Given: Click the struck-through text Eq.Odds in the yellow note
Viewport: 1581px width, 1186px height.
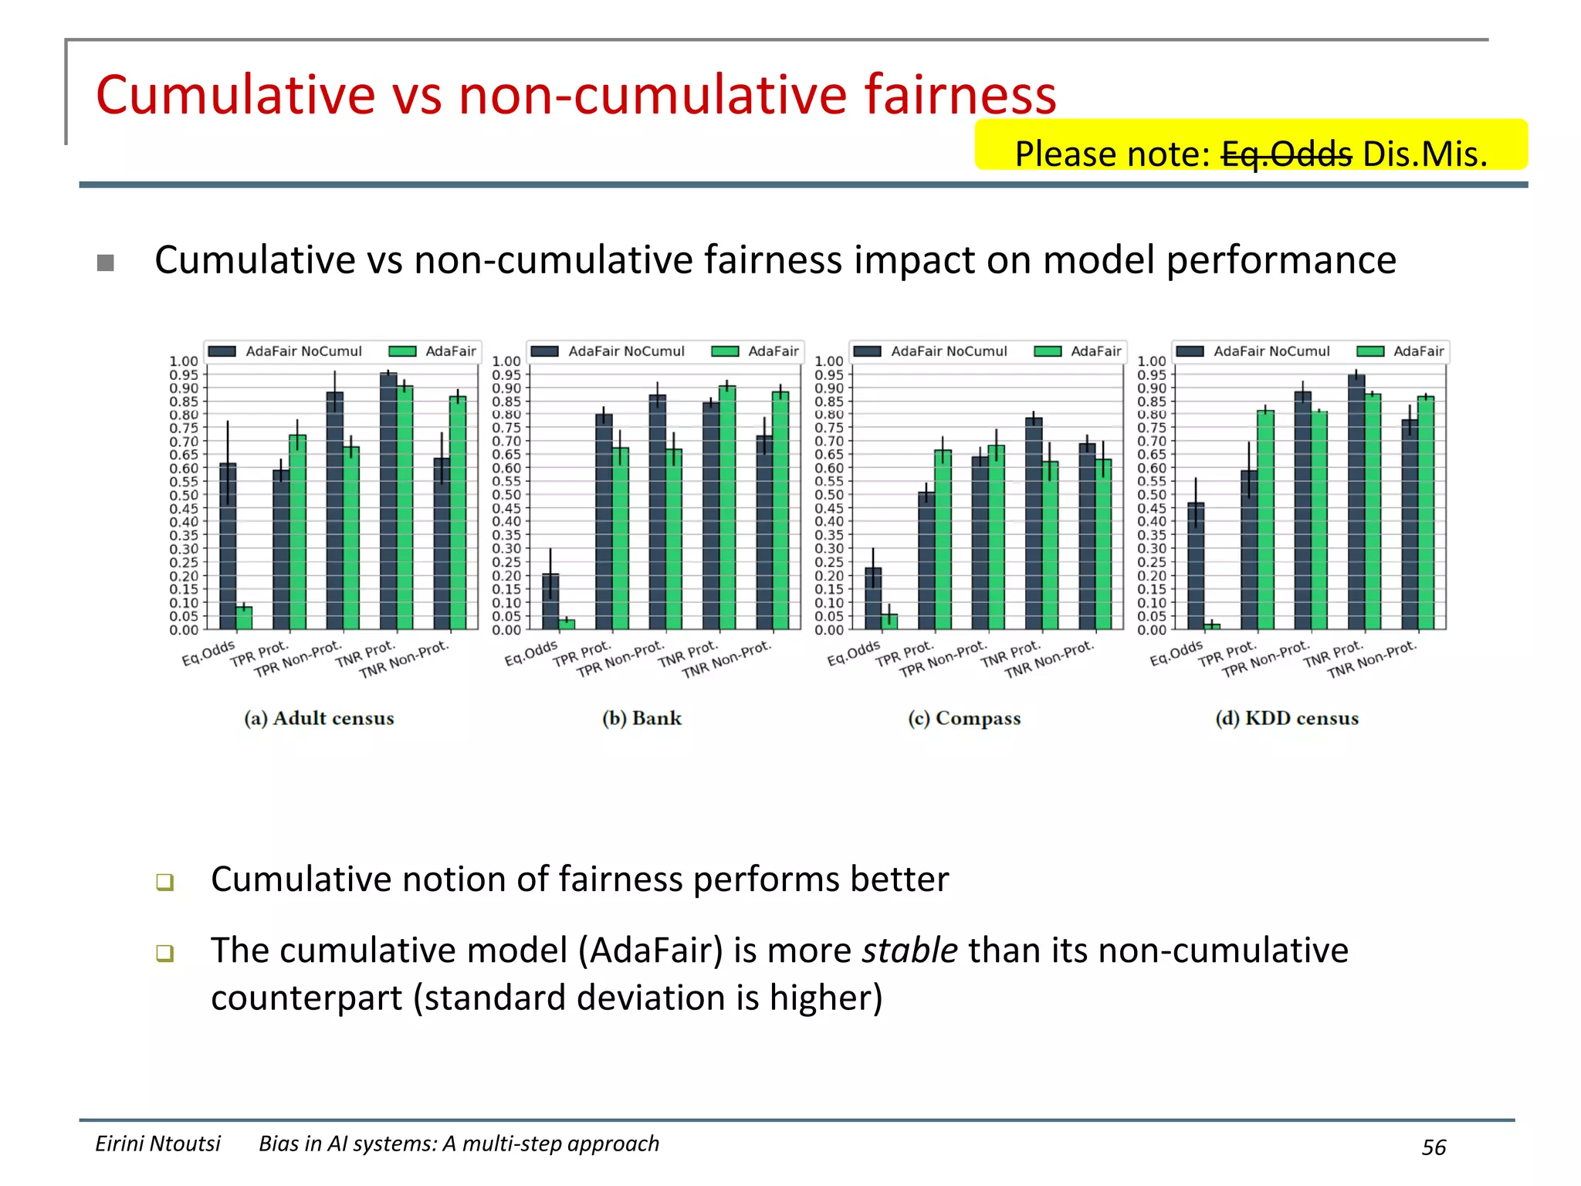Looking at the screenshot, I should click(1286, 154).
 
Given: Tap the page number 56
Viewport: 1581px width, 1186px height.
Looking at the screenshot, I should click(1434, 1147).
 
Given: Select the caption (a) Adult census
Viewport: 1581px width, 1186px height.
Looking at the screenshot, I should click(319, 718).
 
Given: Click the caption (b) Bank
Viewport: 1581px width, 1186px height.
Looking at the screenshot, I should click(642, 718).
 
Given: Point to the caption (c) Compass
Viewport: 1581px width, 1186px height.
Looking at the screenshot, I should click(964, 718).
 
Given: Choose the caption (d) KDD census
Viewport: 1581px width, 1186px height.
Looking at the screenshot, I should click(1287, 718).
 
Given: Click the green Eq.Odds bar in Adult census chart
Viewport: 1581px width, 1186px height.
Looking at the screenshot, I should click(244, 618).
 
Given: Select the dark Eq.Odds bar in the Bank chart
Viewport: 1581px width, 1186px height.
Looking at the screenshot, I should click(550, 601).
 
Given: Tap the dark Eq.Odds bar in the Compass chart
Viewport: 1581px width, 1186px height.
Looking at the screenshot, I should click(873, 598).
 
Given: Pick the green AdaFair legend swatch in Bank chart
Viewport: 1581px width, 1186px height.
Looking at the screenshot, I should click(725, 351).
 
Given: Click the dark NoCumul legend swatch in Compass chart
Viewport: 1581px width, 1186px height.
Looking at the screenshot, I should click(868, 351).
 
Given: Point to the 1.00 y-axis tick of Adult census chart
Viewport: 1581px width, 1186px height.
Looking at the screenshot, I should click(184, 361).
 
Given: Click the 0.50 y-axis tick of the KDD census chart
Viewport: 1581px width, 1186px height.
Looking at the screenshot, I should click(1152, 495).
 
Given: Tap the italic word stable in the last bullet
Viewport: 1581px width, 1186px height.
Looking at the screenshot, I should click(910, 950).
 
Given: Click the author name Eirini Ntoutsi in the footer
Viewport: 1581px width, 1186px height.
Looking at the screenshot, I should click(157, 1144).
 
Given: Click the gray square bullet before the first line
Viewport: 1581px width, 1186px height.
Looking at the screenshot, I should click(106, 263).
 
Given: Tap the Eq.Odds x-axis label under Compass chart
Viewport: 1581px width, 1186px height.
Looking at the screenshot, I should click(853, 653).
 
